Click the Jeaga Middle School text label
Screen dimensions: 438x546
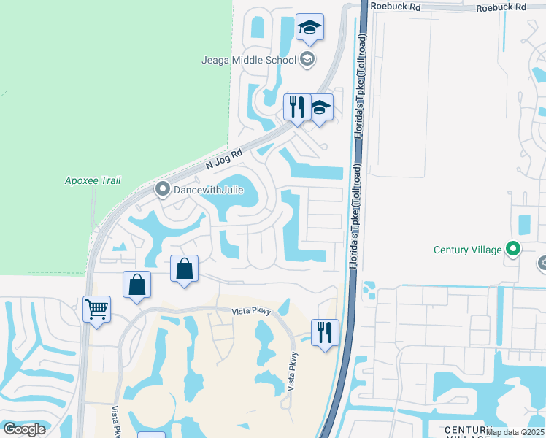pos(248,60)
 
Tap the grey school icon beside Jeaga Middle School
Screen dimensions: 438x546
pos(307,60)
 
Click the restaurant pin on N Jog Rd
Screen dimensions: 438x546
pos(296,107)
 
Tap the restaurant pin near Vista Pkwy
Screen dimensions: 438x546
pos(325,332)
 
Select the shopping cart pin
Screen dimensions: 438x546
pos(96,309)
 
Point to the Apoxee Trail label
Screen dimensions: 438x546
pos(93,180)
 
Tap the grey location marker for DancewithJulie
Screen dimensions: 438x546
pos(161,191)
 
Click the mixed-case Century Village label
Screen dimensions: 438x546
pos(467,250)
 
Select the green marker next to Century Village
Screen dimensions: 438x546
pos(513,250)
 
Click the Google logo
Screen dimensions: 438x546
pos(24,429)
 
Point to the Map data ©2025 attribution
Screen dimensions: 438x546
pos(515,432)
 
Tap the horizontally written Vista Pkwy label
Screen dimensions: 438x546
pos(251,312)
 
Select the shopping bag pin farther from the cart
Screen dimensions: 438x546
pos(185,269)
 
